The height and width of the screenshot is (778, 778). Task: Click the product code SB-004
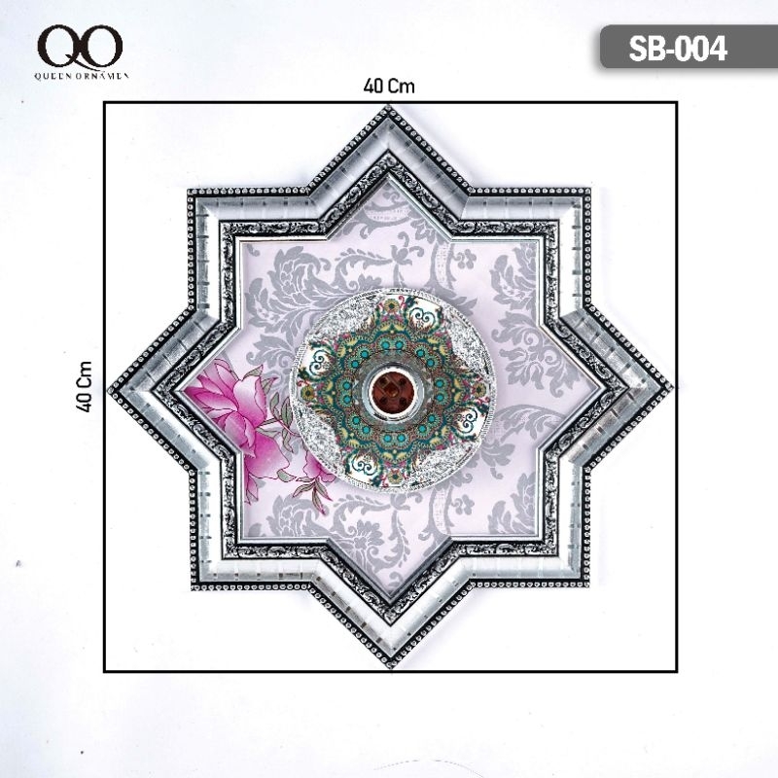coord(677,49)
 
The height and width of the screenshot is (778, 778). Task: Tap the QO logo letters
coord(80,47)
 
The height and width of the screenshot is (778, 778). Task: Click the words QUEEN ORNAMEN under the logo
coord(82,76)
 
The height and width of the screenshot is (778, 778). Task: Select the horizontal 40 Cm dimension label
coord(388,87)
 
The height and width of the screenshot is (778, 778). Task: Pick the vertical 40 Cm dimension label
coord(85,386)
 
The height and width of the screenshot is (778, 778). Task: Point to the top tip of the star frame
coord(388,106)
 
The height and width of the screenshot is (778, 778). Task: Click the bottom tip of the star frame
coord(391,667)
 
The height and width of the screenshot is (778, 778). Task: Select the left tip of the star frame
coord(109,389)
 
